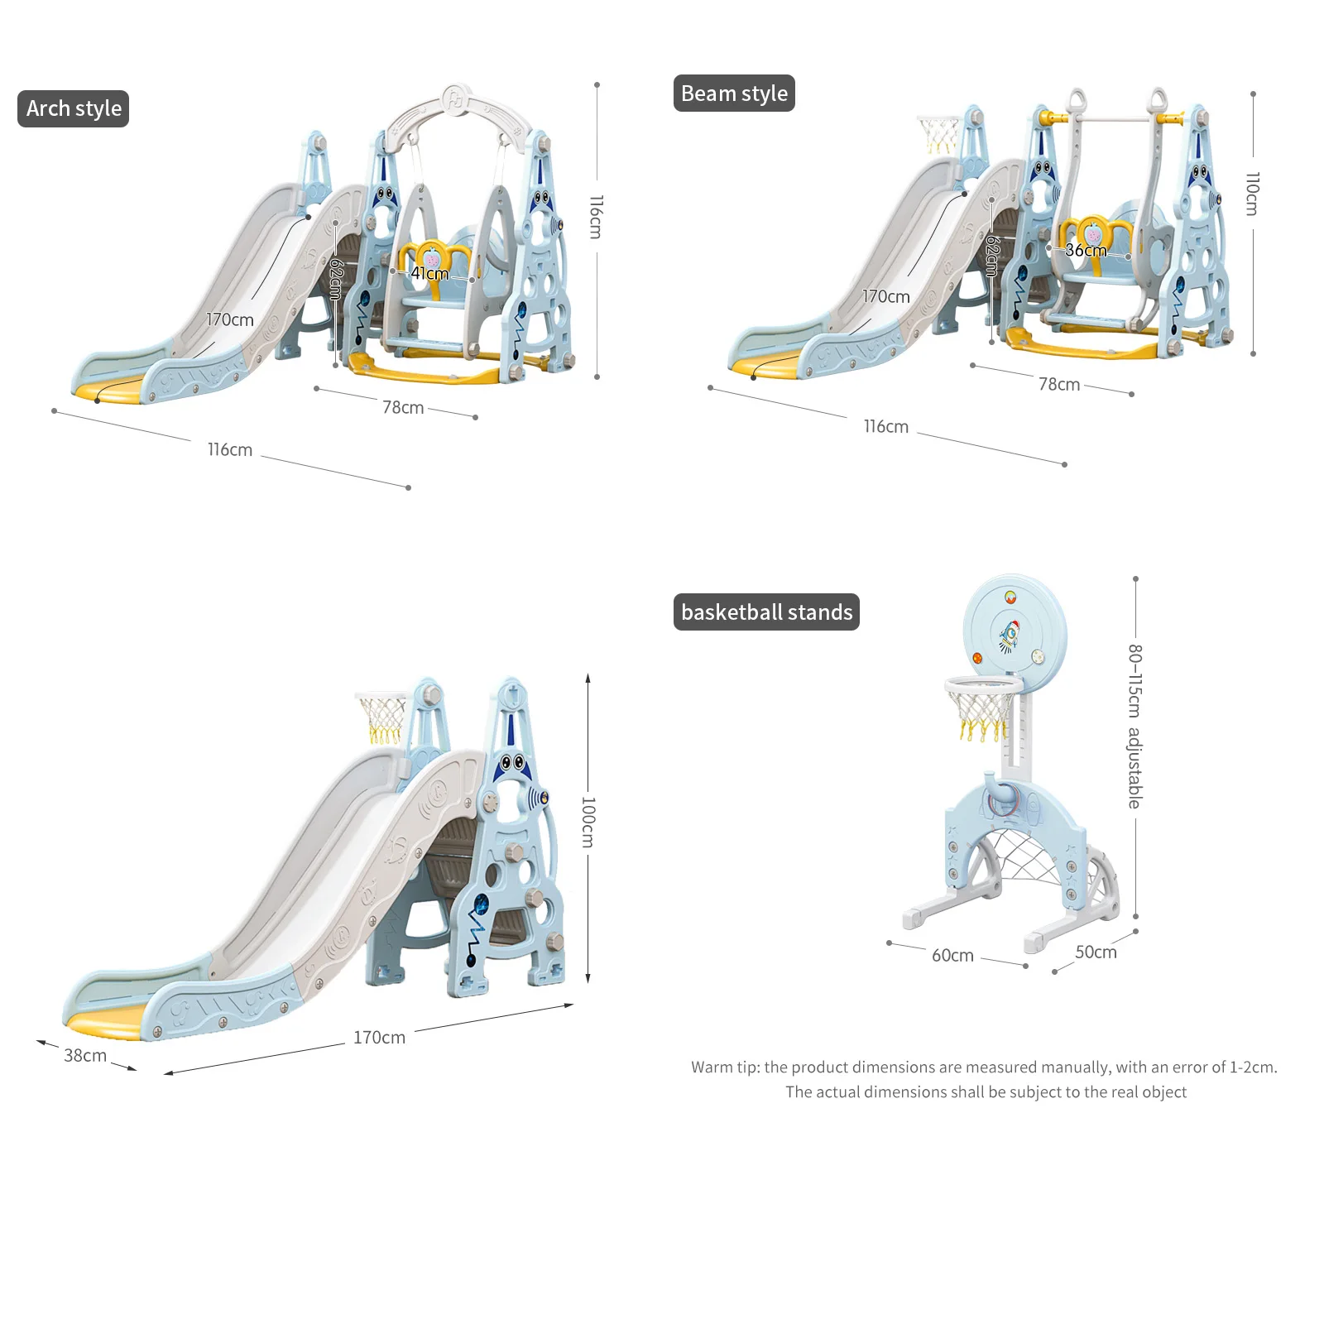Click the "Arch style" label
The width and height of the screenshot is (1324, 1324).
74,108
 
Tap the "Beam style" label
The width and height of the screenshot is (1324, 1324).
734,94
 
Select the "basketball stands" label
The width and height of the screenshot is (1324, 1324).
766,612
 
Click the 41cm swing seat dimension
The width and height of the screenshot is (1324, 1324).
429,273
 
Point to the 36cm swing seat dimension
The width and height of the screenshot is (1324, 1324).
1085,250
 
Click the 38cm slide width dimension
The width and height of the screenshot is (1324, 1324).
85,1055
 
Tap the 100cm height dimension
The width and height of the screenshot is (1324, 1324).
588,822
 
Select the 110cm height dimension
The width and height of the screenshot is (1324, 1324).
1253,194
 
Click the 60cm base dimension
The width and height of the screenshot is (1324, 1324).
952,955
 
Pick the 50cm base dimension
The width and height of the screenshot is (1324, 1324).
1096,952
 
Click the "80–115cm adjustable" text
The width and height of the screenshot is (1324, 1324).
1135,726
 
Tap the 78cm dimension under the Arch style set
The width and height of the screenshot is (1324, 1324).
403,407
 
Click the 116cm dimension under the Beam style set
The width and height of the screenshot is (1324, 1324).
885,426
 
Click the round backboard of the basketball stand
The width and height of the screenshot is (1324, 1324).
1015,629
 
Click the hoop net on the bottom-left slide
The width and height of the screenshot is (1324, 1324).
383,717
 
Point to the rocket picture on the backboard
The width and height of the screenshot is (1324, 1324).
1009,635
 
